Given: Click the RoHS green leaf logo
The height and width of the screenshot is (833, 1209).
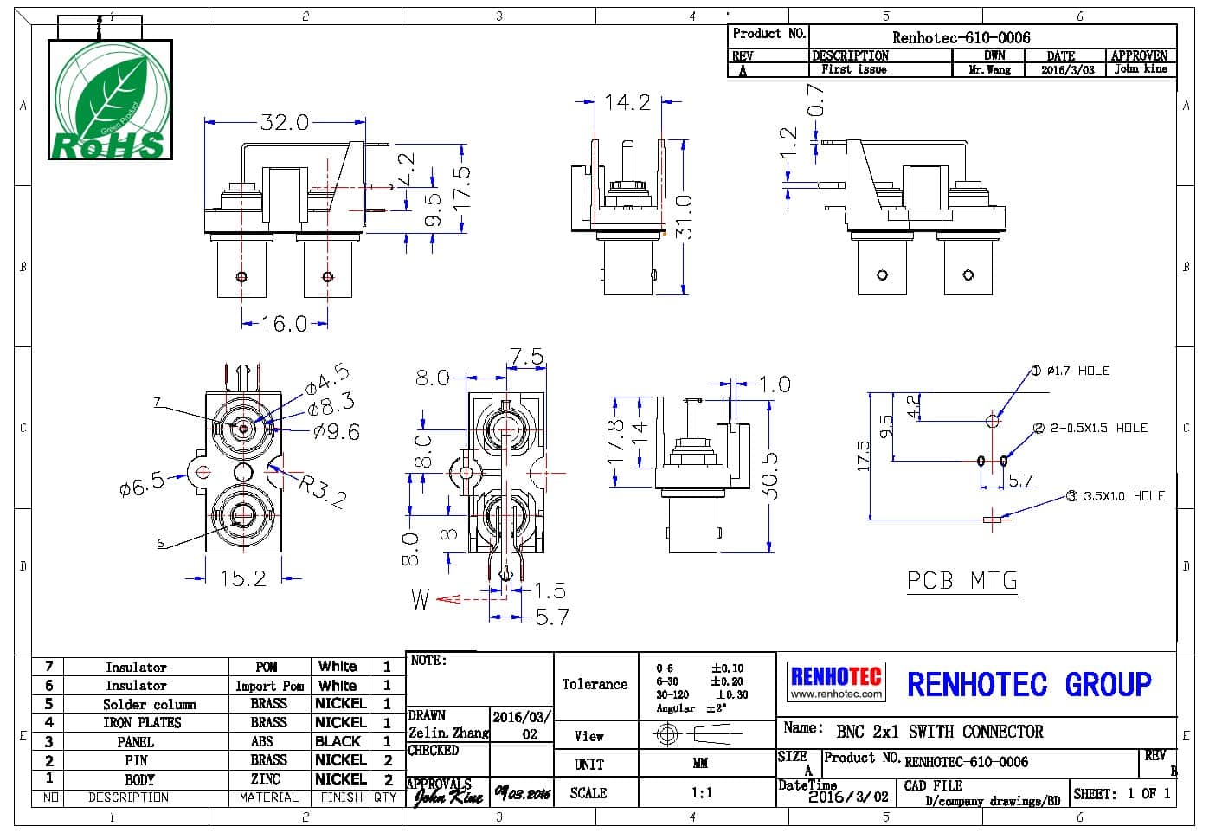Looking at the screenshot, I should click(110, 100).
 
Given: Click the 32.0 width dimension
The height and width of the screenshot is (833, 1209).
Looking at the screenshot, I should click(285, 122).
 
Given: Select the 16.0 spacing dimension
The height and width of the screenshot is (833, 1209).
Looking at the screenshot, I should click(285, 323).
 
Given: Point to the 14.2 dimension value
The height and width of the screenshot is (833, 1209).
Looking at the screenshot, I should click(627, 103).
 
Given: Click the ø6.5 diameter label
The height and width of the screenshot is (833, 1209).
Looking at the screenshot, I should click(142, 484).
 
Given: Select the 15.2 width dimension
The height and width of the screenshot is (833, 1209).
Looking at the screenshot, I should click(243, 578).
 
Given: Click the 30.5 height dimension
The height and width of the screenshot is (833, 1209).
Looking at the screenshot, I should click(769, 475).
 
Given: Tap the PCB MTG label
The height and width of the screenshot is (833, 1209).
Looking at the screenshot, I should click(962, 580).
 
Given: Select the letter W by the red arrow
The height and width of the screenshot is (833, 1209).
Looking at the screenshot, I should click(421, 599).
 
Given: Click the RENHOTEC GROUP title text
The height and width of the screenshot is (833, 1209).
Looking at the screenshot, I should click(1029, 684).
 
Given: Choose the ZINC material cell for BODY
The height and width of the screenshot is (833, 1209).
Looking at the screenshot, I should click(266, 779).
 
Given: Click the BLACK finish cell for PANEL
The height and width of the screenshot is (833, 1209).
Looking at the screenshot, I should click(338, 741).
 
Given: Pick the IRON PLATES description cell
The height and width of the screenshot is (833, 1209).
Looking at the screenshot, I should click(142, 722).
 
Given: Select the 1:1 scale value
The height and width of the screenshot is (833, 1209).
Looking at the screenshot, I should click(701, 792).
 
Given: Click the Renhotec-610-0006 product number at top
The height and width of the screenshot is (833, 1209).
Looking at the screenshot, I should click(961, 37).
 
